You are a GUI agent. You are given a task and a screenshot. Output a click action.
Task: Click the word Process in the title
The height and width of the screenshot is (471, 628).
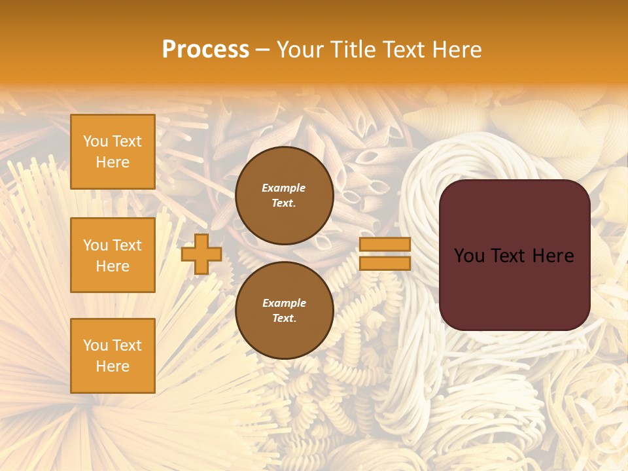pos(205,50)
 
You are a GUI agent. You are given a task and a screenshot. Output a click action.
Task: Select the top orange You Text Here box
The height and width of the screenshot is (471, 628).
pos(113,152)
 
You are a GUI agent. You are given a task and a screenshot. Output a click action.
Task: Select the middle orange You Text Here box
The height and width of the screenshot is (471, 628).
pos(113,255)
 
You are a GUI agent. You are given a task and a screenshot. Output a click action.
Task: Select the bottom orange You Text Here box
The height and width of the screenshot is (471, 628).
pos(113,356)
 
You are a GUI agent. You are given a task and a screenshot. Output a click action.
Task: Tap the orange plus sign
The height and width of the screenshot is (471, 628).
pos(201,254)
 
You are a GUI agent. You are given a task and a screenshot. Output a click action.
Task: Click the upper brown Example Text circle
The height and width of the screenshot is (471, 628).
pos(284,196)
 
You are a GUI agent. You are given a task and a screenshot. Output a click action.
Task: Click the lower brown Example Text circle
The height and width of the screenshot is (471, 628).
pos(284,311)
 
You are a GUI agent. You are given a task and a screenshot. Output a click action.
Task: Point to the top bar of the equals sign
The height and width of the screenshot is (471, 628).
pos(385,245)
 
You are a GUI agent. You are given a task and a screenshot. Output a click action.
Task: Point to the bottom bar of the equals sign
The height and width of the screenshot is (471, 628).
pos(385,263)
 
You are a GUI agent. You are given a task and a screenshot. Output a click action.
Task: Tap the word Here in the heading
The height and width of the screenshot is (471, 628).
pos(457,50)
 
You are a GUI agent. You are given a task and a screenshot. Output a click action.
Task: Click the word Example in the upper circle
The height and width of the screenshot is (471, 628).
pos(284,188)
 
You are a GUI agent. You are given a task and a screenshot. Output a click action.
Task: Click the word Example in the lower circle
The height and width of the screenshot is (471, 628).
pos(284,303)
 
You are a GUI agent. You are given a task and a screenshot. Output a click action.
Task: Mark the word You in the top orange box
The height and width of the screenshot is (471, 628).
pos(96,141)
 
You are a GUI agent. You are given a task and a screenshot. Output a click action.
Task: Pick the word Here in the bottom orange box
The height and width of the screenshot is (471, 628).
pos(113,366)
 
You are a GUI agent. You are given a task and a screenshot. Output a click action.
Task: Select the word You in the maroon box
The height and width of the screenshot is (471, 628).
pos(469,256)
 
